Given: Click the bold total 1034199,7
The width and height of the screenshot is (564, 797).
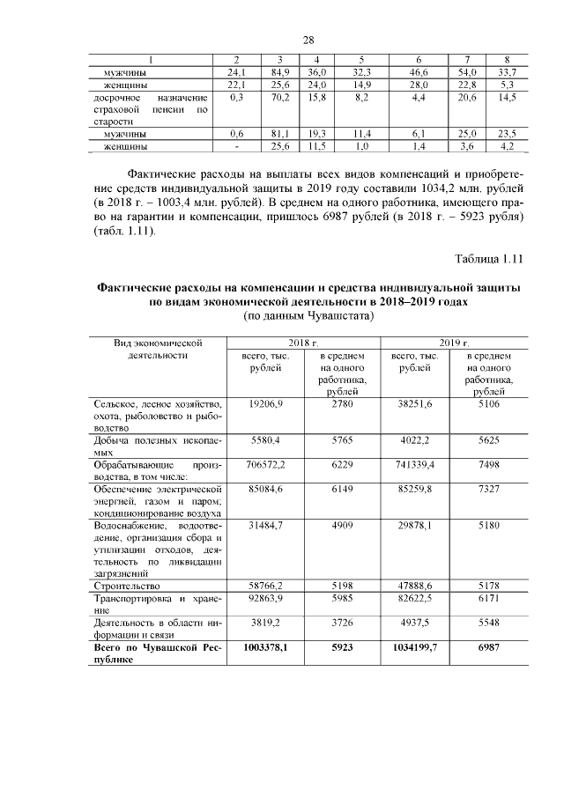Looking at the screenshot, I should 413,647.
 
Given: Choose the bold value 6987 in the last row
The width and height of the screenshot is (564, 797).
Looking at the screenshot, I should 488,647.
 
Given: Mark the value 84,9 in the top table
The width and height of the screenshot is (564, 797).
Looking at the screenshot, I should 281,71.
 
